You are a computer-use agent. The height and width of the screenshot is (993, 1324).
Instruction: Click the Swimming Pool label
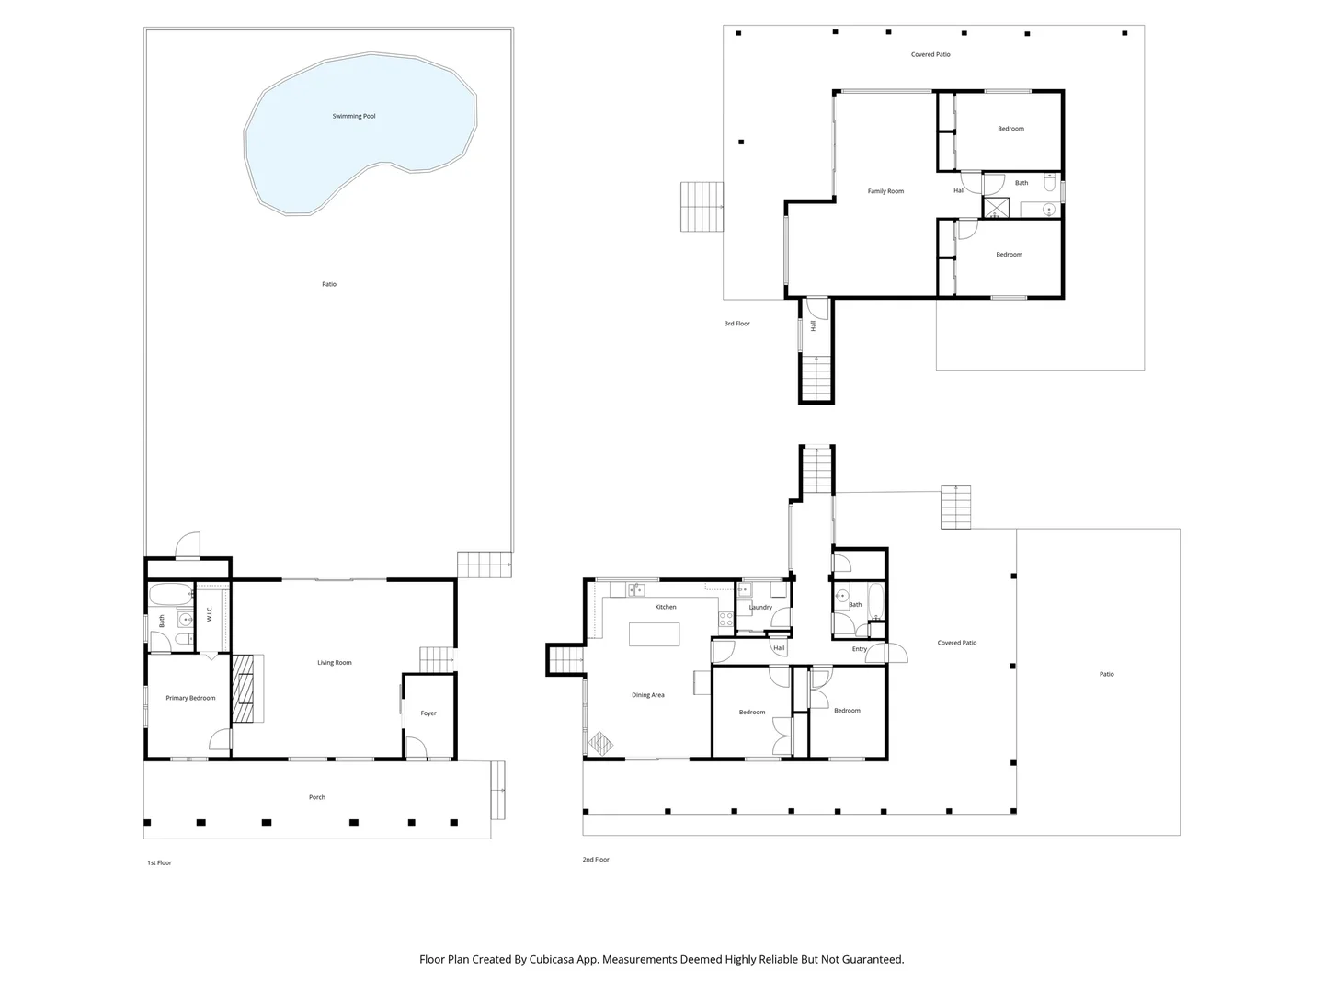(x=353, y=116)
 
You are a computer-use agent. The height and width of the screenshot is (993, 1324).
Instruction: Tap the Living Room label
(x=334, y=662)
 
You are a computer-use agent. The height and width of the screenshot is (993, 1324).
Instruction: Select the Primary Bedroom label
(x=190, y=698)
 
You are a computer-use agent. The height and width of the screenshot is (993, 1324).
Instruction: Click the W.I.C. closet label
(x=210, y=614)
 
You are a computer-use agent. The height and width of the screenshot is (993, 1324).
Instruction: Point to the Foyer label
(x=428, y=713)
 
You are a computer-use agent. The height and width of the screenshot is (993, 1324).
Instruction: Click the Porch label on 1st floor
(x=316, y=797)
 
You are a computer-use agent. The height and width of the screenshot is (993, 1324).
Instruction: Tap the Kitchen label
(x=666, y=607)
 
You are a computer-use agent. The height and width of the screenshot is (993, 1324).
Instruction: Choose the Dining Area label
(x=648, y=694)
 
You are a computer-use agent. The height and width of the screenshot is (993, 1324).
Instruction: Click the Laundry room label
(x=760, y=607)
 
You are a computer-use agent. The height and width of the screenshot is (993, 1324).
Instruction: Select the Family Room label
(x=885, y=191)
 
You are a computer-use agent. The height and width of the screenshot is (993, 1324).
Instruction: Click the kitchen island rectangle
(x=654, y=634)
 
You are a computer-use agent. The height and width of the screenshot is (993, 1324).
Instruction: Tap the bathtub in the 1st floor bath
(x=171, y=594)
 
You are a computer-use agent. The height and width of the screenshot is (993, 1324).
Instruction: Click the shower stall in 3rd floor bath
(x=996, y=208)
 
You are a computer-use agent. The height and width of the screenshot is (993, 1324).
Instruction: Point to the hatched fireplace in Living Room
(x=245, y=689)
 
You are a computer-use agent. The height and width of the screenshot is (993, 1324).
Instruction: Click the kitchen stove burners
(x=725, y=619)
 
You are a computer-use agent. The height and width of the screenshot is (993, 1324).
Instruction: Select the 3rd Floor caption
(x=736, y=324)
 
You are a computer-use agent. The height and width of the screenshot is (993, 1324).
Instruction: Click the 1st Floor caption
(x=159, y=862)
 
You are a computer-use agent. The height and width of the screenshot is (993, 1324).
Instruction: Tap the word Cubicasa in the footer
(x=552, y=959)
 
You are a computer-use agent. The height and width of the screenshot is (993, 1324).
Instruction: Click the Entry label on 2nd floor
(x=859, y=649)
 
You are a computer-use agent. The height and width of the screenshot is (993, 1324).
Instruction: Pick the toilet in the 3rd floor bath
(x=1049, y=182)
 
